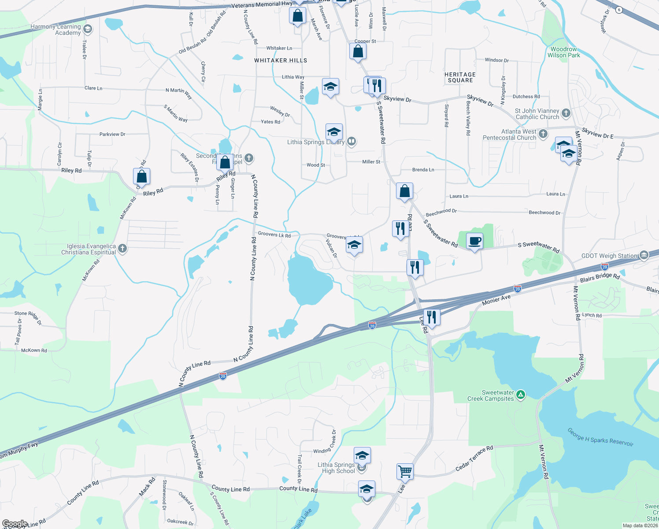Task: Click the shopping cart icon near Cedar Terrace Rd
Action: (405, 471)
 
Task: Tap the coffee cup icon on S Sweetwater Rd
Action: (474, 241)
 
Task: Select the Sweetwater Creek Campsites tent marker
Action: (521, 395)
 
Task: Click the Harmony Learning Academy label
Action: (56, 30)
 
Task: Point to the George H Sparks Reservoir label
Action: (600, 437)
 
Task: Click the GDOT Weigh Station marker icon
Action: (644, 255)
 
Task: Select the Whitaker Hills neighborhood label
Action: (281, 60)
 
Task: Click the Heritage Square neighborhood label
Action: (460, 77)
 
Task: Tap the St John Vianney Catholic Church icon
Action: (566, 113)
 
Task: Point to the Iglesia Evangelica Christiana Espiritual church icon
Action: (122, 249)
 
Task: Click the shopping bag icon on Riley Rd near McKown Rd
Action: (142, 177)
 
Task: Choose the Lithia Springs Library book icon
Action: (352, 142)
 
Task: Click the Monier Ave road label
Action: (496, 300)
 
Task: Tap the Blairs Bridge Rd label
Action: (600, 278)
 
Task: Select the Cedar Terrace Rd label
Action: (474, 458)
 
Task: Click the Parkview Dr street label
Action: (112, 134)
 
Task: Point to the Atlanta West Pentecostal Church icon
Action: (543, 134)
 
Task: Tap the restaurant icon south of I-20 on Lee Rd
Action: (431, 317)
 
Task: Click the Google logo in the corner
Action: (15, 524)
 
